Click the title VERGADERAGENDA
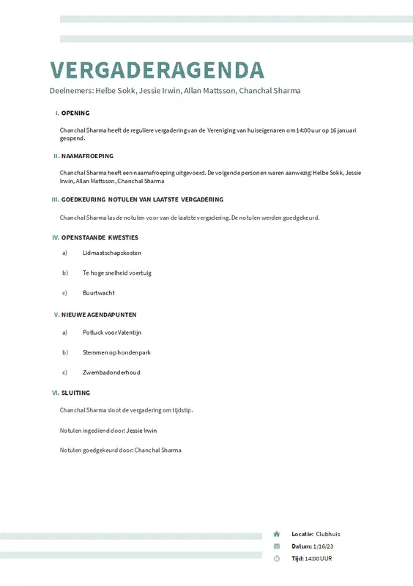pyautogui.click(x=157, y=70)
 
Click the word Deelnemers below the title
pyautogui.click(x=71, y=91)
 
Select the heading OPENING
pyautogui.click(x=75, y=114)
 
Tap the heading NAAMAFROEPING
pyautogui.click(x=87, y=156)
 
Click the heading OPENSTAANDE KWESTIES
pyautogui.click(x=100, y=237)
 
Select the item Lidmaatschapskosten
pyautogui.click(x=112, y=253)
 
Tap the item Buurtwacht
pyautogui.click(x=99, y=293)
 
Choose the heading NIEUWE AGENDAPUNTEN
pyautogui.click(x=99, y=315)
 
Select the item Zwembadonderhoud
pyautogui.click(x=111, y=372)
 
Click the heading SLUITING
pyautogui.click(x=76, y=393)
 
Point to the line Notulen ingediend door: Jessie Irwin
pyautogui.click(x=108, y=431)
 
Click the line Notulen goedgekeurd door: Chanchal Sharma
pyautogui.click(x=120, y=450)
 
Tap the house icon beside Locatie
pyautogui.click(x=277, y=534)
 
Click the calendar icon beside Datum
pyautogui.click(x=277, y=546)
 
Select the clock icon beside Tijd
pyautogui.click(x=277, y=558)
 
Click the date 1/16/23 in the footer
pyautogui.click(x=323, y=546)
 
